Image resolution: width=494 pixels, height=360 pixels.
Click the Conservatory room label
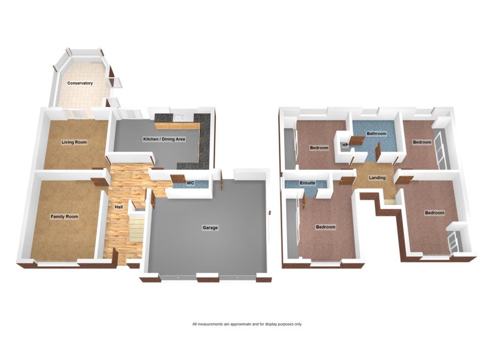point(80,83)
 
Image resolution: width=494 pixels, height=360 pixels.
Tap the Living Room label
point(74,142)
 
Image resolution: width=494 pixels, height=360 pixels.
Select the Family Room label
point(64,217)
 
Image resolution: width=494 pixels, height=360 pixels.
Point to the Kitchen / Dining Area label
point(164,139)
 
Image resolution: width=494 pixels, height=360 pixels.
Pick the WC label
point(191,183)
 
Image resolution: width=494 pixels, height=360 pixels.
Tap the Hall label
point(119,207)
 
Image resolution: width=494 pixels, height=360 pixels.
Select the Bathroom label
point(377,134)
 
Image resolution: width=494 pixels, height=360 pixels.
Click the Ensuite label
point(307,183)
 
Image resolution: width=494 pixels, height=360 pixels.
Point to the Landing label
point(377,178)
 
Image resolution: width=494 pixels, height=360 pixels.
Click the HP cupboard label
point(345,145)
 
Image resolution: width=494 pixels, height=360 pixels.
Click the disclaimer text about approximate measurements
point(246,324)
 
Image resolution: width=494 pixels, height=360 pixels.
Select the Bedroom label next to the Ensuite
point(325,227)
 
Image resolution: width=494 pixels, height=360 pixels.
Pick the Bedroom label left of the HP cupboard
point(319,148)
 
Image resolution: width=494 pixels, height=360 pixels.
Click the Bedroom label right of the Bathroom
point(422,143)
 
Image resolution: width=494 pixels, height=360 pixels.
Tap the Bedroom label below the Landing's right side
point(434,212)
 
